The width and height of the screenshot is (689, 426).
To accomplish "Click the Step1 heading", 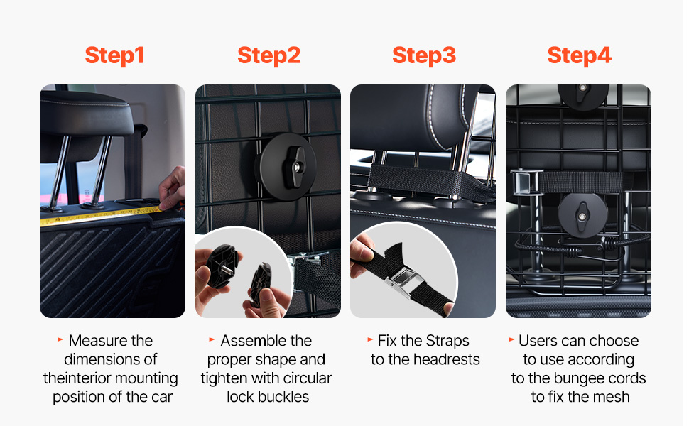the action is (x=114, y=56).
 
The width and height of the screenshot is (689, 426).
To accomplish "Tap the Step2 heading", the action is (x=269, y=56).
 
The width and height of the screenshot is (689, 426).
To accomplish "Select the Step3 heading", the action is (x=424, y=56).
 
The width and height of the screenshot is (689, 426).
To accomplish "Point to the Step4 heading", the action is (x=579, y=56).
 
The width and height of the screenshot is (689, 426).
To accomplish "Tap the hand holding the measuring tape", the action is (x=172, y=188).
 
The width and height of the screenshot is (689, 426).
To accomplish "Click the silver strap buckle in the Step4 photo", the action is (x=525, y=182).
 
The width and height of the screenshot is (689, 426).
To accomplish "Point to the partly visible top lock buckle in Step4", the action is (x=583, y=95).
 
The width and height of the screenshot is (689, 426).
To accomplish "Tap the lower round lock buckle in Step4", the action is (x=582, y=216).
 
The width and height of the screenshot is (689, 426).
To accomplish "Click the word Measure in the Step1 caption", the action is (x=94, y=341).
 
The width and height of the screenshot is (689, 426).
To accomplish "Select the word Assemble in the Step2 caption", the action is (x=249, y=341).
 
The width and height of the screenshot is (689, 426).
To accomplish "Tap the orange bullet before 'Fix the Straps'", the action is (x=370, y=339).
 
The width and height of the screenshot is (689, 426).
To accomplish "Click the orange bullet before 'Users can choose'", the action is (x=511, y=339).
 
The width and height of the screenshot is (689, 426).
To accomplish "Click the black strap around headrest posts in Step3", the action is (x=428, y=181).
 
